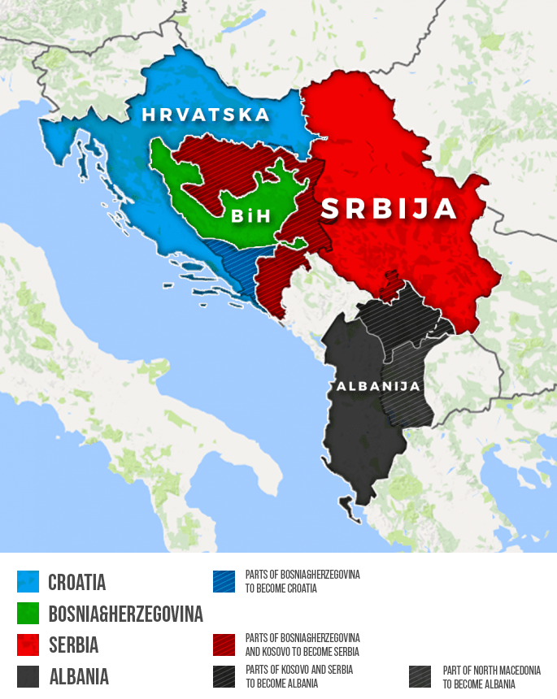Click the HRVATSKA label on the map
205,115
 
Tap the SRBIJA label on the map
389,209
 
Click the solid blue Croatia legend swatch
28,582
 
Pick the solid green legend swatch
28,613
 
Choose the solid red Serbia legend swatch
28,645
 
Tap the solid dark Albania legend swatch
28,676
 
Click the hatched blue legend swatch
224,581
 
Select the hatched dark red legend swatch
224,645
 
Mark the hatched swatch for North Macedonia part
420,677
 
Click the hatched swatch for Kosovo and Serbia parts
224,677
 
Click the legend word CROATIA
77,583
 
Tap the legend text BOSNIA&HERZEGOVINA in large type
125,614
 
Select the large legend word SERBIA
73,645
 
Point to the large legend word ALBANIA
79,677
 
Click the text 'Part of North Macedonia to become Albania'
491,677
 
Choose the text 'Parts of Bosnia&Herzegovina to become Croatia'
302,581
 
